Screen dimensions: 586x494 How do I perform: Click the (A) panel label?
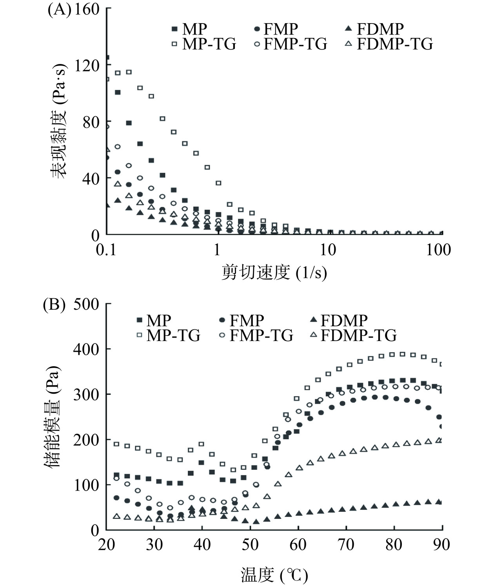(59, 9)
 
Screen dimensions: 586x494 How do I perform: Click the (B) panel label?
(54, 305)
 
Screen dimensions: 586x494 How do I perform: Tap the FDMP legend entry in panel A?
(375, 29)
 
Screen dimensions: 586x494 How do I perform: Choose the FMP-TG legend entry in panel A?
(291, 44)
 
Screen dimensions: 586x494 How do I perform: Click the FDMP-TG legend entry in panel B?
(353, 336)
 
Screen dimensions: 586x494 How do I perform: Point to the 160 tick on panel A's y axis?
(87, 9)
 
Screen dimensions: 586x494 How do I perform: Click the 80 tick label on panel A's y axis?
(91, 122)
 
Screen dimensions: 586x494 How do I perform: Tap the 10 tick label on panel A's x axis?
(328, 250)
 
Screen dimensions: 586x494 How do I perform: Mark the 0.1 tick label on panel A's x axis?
(106, 250)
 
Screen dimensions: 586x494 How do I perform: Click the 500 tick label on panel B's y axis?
(86, 304)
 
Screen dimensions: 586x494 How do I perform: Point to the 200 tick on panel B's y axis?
(86, 440)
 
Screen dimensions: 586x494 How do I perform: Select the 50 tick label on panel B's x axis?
(250, 545)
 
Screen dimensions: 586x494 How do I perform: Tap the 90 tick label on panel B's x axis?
(441, 545)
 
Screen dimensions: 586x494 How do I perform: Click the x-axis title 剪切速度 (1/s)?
(274, 272)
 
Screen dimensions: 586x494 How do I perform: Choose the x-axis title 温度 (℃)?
(274, 575)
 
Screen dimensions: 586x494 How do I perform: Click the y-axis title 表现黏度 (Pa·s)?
(59, 122)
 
